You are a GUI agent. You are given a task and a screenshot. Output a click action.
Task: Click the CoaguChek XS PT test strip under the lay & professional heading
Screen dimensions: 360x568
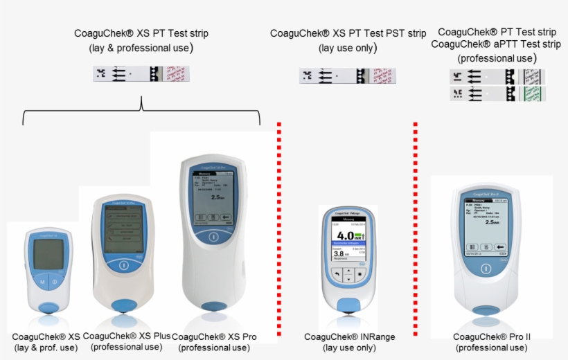pyautogui.click(x=141, y=74)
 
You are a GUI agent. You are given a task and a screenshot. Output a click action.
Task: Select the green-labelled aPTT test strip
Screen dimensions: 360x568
pyautogui.click(x=497, y=93)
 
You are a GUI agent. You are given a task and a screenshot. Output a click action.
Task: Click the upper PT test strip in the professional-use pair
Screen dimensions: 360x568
pyautogui.click(x=497, y=76)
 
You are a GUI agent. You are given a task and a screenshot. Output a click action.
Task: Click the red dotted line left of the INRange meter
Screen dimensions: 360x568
pyautogui.click(x=278, y=228)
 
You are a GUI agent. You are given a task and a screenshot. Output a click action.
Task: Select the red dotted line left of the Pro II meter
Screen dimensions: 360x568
pyautogui.click(x=415, y=228)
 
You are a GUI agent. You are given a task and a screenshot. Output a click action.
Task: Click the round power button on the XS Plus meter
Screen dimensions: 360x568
pyautogui.click(x=123, y=264)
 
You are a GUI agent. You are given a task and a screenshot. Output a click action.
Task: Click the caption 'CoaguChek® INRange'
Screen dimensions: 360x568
pyautogui.click(x=349, y=337)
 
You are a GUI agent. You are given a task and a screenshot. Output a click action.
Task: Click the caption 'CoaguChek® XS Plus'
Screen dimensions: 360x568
pyautogui.click(x=126, y=336)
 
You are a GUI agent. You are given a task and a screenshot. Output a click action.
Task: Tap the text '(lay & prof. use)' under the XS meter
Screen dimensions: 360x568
pyautogui.click(x=46, y=348)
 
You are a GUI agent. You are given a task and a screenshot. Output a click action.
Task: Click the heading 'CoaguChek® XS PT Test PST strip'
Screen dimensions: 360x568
pyautogui.click(x=348, y=33)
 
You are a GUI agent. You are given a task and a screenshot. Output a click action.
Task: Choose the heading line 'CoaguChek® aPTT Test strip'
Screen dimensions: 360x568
pyautogui.click(x=495, y=44)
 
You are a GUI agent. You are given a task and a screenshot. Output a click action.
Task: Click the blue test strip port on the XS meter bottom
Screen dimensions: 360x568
pyautogui.click(x=48, y=307)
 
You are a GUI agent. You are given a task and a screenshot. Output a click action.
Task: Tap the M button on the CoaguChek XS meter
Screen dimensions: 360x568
pyautogui.click(x=42, y=282)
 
